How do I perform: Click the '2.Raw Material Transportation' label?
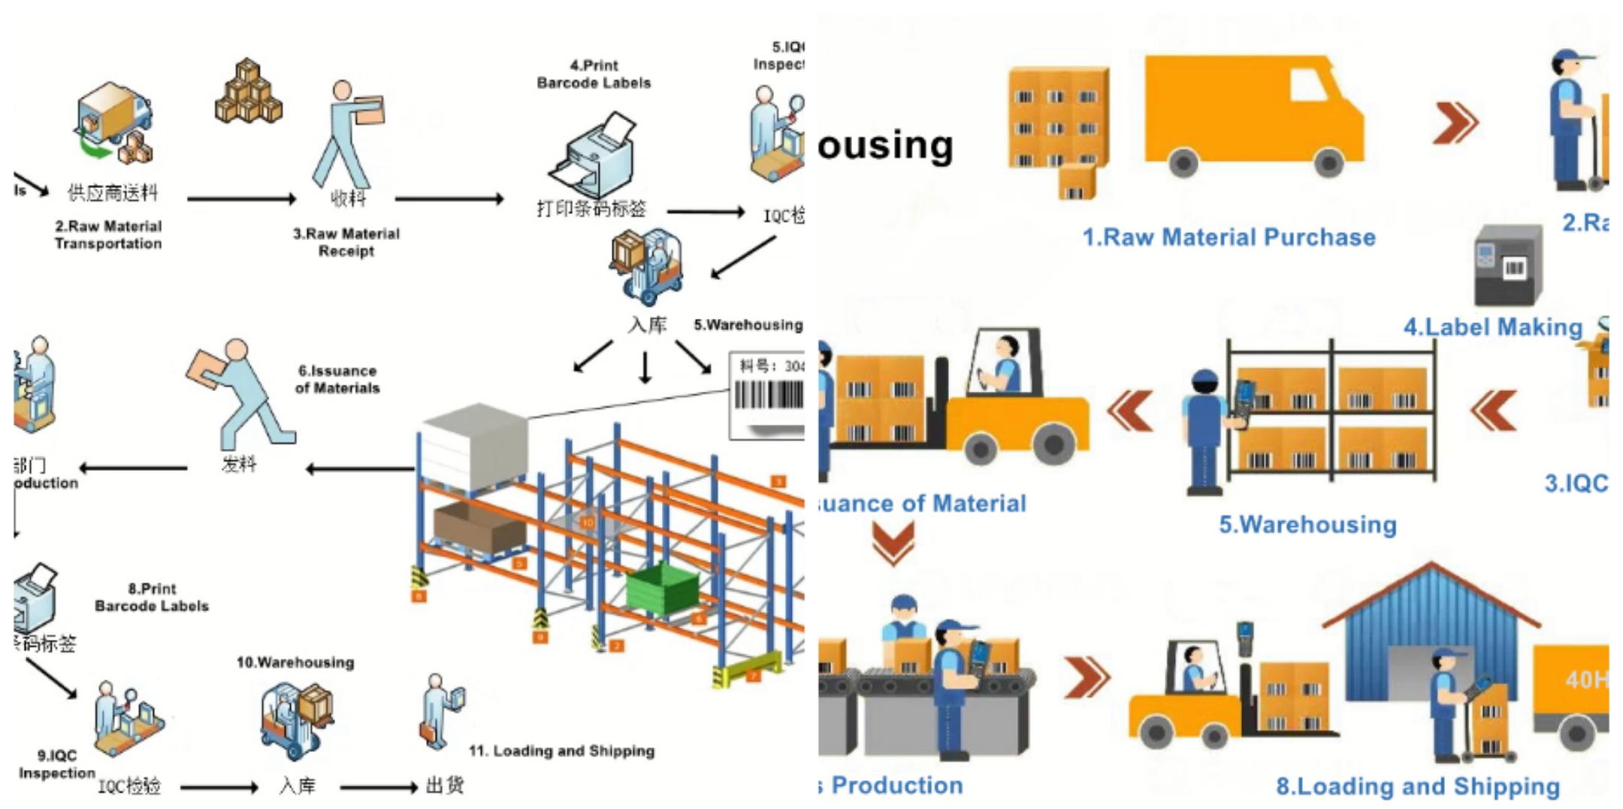108,235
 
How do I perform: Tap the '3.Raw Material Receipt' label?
346,242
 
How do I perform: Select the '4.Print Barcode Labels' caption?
594,74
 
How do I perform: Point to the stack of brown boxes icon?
248,92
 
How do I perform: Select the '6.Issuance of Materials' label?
337,379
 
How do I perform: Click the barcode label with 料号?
767,394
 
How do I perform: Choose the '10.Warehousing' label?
295,662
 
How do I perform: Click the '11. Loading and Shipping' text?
561,750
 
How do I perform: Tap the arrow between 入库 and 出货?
378,787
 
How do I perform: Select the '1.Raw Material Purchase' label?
1229,238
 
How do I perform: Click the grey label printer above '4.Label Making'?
1507,265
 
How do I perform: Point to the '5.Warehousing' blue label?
1307,524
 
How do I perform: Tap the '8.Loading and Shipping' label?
1418,786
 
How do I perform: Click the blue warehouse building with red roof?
1431,632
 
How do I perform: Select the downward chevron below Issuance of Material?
893,542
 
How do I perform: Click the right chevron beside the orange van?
1455,122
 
